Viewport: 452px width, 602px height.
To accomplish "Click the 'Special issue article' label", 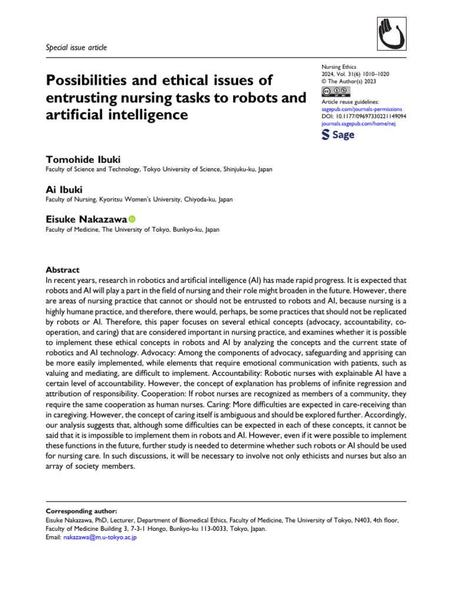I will pos(76,47).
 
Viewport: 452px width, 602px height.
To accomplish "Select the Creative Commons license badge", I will pos(335,92).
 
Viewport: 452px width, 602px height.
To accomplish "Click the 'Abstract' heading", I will pos(62,270).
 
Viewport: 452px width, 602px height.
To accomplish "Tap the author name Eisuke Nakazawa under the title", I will pos(86,219).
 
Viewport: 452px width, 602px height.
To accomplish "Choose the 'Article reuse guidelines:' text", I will pos(350,102).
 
